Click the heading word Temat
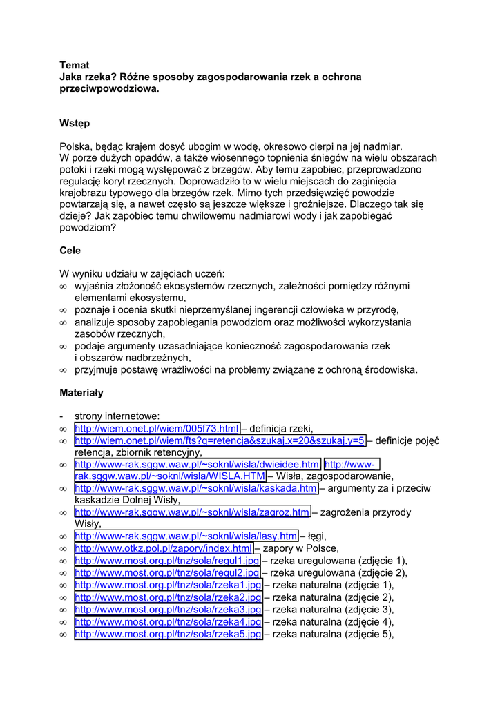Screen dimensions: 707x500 click(x=74, y=65)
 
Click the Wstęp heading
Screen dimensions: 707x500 click(x=75, y=123)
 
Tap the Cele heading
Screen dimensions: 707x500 click(x=70, y=251)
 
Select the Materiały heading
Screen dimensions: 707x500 click(x=81, y=392)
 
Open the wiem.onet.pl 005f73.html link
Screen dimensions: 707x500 click(x=157, y=428)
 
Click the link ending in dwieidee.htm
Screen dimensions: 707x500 click(x=198, y=464)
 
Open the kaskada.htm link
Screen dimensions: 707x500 click(x=196, y=488)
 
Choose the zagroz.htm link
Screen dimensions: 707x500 click(x=192, y=512)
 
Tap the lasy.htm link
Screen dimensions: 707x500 click(x=186, y=536)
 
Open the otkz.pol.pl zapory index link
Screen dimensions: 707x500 click(x=163, y=548)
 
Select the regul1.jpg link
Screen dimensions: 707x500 click(x=167, y=560)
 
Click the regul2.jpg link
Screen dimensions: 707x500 click(x=167, y=572)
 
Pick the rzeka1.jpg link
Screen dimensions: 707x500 click(x=168, y=585)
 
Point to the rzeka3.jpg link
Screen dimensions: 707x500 click(x=168, y=610)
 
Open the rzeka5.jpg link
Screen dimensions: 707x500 click(x=168, y=635)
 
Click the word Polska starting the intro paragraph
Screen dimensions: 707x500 click(x=76, y=146)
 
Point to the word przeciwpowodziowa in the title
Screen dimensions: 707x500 click(x=109, y=89)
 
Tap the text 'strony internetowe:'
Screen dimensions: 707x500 click(x=117, y=416)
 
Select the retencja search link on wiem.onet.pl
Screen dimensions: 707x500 click(x=220, y=440)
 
